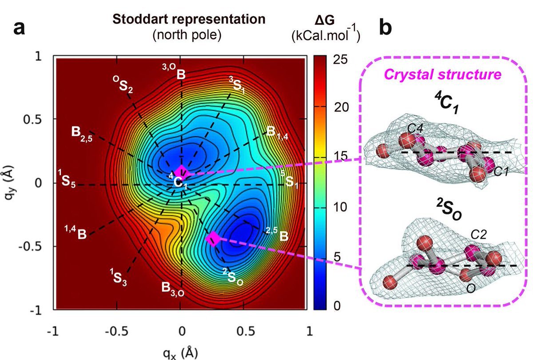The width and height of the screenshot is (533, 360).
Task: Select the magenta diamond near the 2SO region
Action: click(213, 238)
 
